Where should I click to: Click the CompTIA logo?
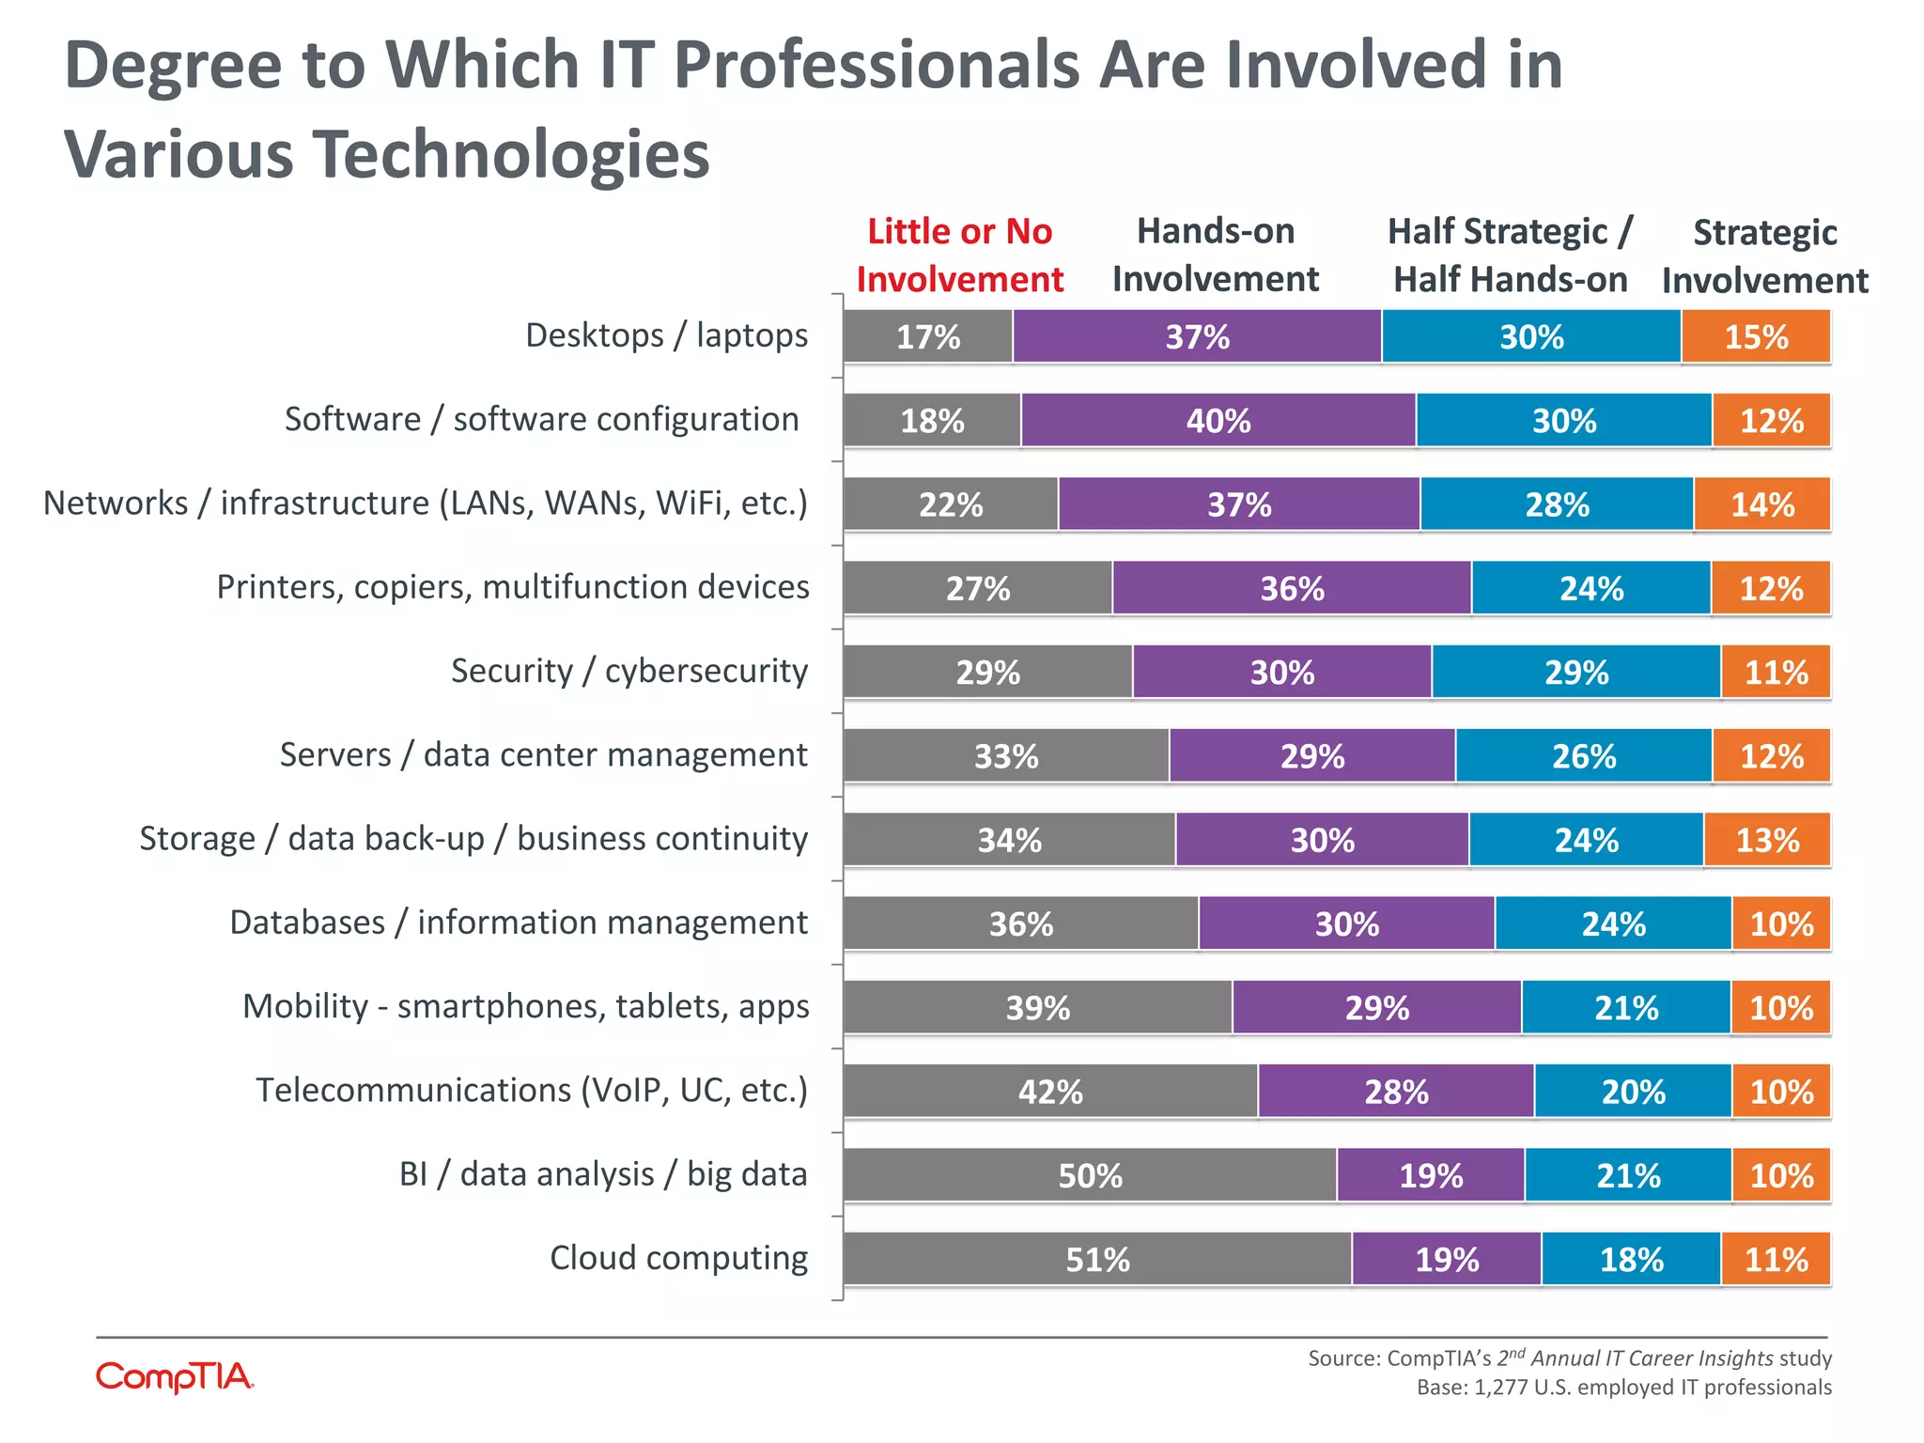[175, 1377]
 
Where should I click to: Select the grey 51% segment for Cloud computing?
[1097, 1259]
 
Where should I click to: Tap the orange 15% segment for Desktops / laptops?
[1755, 336]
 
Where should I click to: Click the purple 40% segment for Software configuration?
[1218, 420]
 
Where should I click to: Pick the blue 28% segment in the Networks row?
[1557, 504]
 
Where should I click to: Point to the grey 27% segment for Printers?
[977, 588]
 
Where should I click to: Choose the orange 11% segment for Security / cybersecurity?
[1776, 673]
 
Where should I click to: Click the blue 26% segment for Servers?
[1584, 756]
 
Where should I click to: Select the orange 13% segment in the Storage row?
[1767, 840]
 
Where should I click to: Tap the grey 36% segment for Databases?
[1020, 923]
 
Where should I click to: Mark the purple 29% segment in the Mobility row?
[1376, 1008]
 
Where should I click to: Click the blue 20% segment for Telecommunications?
[1633, 1092]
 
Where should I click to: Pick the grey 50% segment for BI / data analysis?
[1090, 1175]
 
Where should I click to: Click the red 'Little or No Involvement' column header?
[959, 256]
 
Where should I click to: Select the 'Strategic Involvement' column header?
[1764, 256]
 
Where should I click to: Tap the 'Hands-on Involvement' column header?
[1216, 255]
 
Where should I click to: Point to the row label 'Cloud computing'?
[678, 1257]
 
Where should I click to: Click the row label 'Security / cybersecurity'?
[629, 671]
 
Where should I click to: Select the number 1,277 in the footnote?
[1500, 1388]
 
